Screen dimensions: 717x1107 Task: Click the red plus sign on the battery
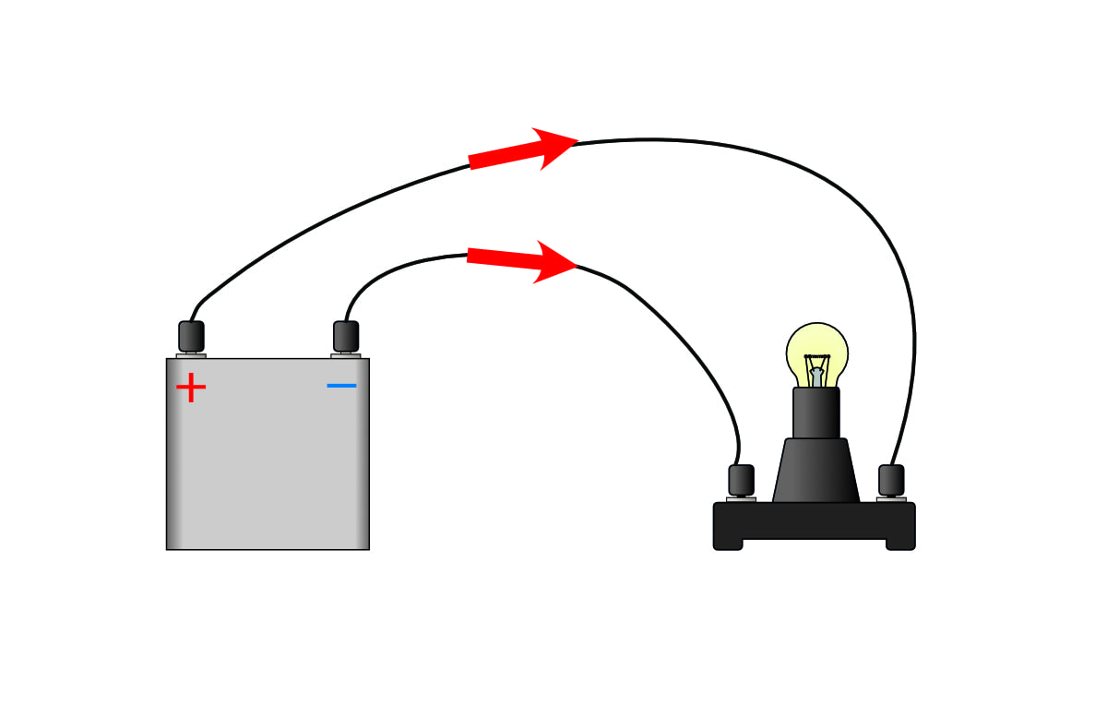[x=191, y=388]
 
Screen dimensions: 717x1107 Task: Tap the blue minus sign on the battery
[x=341, y=385]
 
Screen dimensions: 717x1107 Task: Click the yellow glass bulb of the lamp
[x=817, y=351]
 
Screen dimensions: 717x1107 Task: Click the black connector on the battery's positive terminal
[x=191, y=336]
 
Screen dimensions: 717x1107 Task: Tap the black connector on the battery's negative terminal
[x=346, y=336]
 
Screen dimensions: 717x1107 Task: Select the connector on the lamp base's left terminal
[x=741, y=480]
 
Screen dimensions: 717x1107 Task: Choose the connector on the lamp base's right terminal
[x=891, y=480]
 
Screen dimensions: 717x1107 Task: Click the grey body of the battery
[x=268, y=461]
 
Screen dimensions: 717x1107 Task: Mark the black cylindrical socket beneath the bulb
[x=816, y=412]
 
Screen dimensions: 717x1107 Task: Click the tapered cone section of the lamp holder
[x=816, y=471]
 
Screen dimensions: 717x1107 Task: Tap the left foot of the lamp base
[x=728, y=543]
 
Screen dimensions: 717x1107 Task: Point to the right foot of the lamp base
[x=900, y=543]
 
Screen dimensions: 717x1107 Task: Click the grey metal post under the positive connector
[x=191, y=355]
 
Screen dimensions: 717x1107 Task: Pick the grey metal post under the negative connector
[x=346, y=355]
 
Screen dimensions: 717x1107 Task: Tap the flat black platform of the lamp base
[x=815, y=520]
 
